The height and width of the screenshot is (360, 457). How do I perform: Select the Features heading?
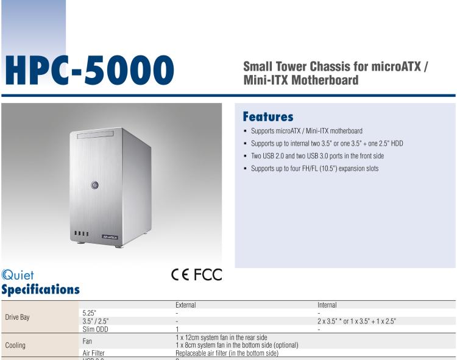(x=268, y=116)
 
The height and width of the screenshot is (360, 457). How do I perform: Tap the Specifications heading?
(x=40, y=289)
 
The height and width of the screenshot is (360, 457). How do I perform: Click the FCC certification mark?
(x=209, y=275)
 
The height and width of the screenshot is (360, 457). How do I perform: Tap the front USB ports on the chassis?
(x=81, y=234)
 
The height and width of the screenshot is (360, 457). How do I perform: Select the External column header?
(x=185, y=305)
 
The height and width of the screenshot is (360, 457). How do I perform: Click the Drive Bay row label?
(x=17, y=317)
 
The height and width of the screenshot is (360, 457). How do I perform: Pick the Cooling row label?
(x=15, y=345)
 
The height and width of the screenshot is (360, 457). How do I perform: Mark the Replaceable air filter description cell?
(x=227, y=353)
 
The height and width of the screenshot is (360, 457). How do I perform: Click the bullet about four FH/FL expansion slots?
(x=314, y=168)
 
